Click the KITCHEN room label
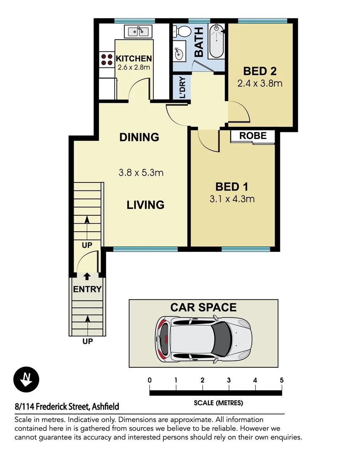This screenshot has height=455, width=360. (x=133, y=59)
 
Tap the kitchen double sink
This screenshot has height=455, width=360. (x=139, y=31)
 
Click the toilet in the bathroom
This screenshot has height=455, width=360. (x=181, y=32)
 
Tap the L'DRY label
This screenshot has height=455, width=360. (x=182, y=87)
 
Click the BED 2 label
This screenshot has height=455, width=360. (x=259, y=71)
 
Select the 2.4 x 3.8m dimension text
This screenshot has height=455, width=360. (x=259, y=83)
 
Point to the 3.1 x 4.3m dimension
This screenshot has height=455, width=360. (x=232, y=198)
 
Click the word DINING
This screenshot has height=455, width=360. (x=139, y=137)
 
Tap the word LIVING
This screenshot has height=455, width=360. (x=145, y=205)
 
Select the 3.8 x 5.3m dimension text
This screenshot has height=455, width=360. (x=141, y=172)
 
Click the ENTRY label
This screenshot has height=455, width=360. (x=87, y=289)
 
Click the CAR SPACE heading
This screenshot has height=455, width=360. (x=203, y=308)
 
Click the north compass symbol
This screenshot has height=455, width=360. (x=27, y=379)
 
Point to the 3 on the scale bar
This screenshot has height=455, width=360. (x=229, y=380)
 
